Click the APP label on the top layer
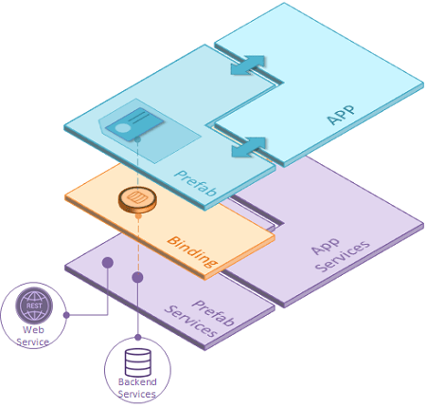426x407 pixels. coord(341,115)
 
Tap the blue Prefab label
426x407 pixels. coord(196,183)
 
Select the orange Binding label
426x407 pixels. coord(192,251)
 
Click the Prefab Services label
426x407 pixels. coord(200,318)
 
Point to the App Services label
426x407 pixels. coord(340,255)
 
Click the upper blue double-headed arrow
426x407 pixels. coord(248,65)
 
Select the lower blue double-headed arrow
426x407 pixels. coord(249,147)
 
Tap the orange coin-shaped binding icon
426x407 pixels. coord(137,200)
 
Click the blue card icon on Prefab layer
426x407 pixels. coord(134,123)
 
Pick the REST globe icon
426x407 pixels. coord(34,305)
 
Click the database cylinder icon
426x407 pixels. coord(138,362)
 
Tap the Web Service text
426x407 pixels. coord(33,336)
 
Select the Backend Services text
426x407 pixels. coord(137,388)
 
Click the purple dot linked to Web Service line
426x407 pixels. coord(108,263)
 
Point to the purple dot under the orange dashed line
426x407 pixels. coord(137,277)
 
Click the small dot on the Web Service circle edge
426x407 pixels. coord(66,315)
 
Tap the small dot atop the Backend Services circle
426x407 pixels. coord(138,338)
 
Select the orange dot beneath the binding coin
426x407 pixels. coord(138,216)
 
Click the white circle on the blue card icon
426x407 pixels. coord(122,128)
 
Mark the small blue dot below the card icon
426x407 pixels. coord(137,139)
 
